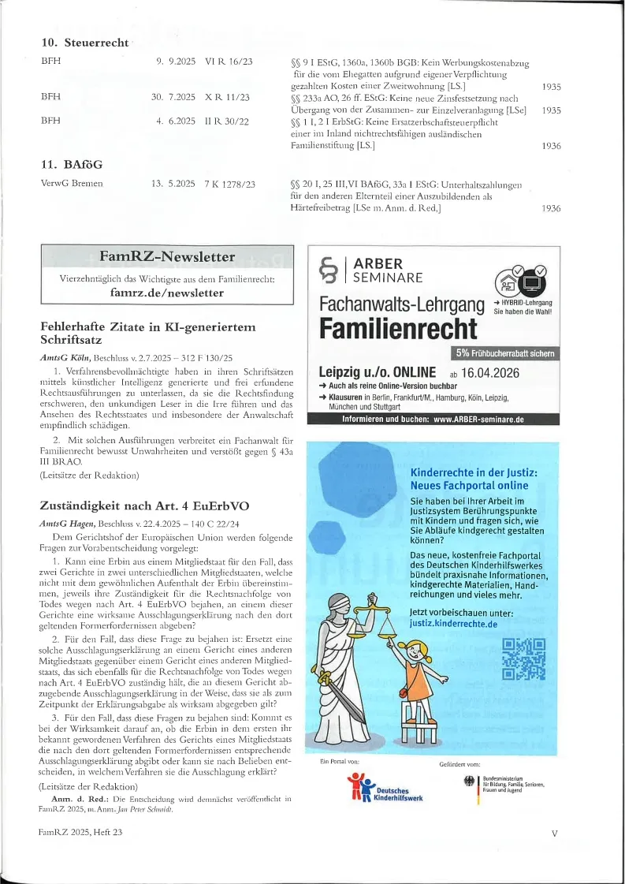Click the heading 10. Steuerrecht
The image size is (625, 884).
(84, 43)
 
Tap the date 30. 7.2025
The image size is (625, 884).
(173, 97)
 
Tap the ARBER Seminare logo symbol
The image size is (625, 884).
(326, 270)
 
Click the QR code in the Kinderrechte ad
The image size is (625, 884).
(523, 658)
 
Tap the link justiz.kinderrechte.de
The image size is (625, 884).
(453, 623)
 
